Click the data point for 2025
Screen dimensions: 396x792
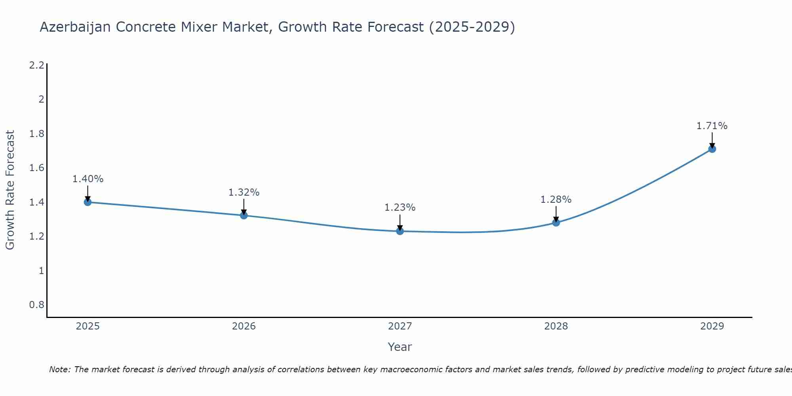(88, 202)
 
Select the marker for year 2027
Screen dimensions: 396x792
(400, 231)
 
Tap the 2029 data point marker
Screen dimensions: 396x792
(712, 149)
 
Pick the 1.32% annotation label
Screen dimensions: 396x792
(244, 192)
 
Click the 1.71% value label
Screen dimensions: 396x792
(712, 126)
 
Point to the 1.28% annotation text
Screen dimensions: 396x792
(556, 200)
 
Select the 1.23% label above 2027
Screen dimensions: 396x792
(400, 208)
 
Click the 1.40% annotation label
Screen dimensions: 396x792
(88, 179)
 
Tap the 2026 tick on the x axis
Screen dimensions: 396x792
(244, 326)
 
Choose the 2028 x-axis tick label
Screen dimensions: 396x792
(556, 326)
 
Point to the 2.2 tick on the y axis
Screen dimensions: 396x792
(36, 65)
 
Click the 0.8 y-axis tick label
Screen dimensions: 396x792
(36, 305)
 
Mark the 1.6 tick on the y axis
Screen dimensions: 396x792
(36, 168)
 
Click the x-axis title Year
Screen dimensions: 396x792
(400, 347)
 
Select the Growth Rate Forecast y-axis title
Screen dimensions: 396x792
(10, 190)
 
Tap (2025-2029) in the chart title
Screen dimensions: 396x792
(472, 27)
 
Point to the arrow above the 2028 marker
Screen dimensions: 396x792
(556, 214)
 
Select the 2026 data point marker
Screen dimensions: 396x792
(244, 215)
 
